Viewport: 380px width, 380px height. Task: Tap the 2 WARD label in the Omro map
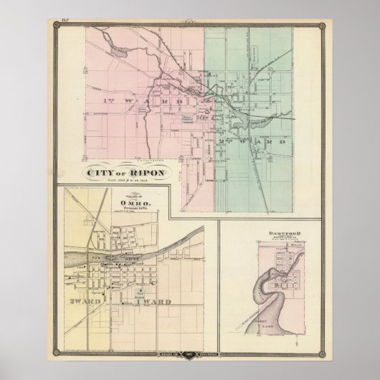(80, 300)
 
